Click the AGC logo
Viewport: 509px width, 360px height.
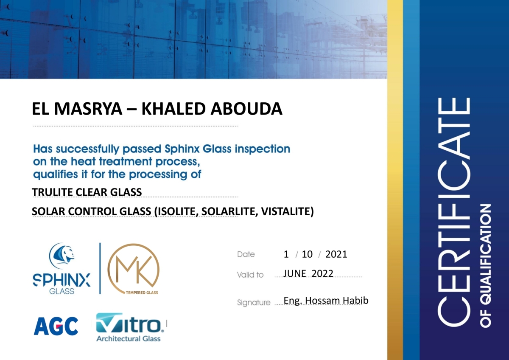click(x=56, y=326)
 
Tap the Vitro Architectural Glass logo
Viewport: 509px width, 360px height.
click(x=129, y=327)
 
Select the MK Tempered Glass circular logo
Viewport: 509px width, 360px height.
click(x=133, y=269)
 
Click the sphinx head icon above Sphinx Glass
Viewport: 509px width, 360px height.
click(x=62, y=256)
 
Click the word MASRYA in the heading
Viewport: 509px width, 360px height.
click(x=89, y=109)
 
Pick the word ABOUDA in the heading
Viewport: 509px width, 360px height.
click(x=246, y=109)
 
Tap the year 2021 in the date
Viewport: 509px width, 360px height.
click(x=336, y=254)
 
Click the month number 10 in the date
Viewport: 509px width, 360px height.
click(x=307, y=254)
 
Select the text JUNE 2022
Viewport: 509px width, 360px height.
click(x=308, y=273)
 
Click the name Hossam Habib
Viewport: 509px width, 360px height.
click(x=337, y=301)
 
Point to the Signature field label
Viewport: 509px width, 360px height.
click(x=254, y=303)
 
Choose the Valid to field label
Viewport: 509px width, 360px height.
click(x=250, y=275)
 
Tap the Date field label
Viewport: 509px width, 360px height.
click(x=246, y=254)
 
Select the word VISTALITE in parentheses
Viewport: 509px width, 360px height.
click(x=285, y=211)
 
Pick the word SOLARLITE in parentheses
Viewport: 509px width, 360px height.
click(x=229, y=211)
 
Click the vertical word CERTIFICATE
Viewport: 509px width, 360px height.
click(x=454, y=212)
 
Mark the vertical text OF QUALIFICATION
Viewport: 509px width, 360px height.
click(x=486, y=266)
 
